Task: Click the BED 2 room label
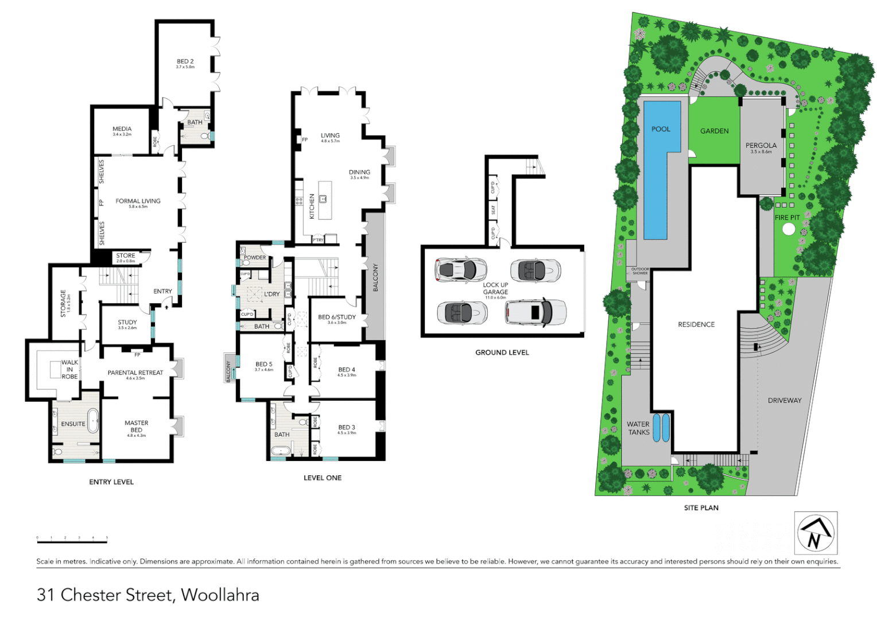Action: (185, 61)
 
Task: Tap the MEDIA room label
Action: (122, 129)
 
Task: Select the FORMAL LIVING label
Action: (138, 201)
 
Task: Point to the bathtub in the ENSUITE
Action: (92, 420)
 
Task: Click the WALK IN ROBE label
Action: (69, 370)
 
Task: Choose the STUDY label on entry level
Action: (127, 323)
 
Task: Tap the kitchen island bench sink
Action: (323, 199)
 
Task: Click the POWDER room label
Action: (255, 258)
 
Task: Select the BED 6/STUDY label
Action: (337, 317)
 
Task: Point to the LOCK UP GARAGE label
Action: (495, 288)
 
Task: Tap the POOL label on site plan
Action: (661, 129)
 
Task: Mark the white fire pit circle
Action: (789, 229)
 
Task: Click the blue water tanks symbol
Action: (661, 428)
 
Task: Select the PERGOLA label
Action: (761, 146)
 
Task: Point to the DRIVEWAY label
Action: (785, 401)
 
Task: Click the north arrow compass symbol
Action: (816, 533)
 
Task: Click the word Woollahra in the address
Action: (220, 595)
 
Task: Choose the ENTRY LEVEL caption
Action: (111, 482)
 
